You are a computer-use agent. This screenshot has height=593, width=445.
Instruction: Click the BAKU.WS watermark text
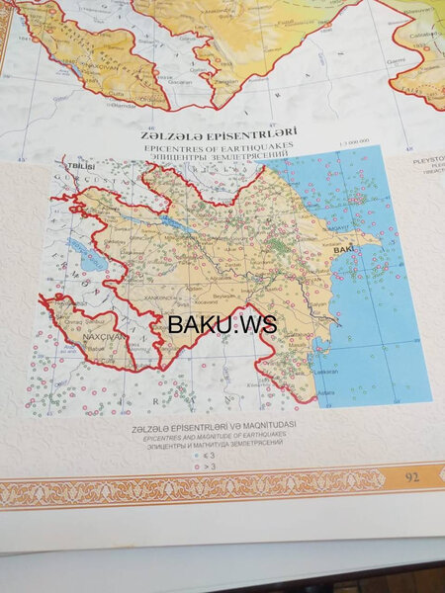pyautogui.click(x=222, y=323)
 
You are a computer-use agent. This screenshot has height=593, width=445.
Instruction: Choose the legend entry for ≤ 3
pyautogui.click(x=208, y=457)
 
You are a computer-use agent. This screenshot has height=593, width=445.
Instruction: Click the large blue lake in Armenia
pyautogui.click(x=88, y=263)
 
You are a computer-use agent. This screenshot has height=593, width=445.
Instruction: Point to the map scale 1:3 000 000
pyautogui.click(x=353, y=142)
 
